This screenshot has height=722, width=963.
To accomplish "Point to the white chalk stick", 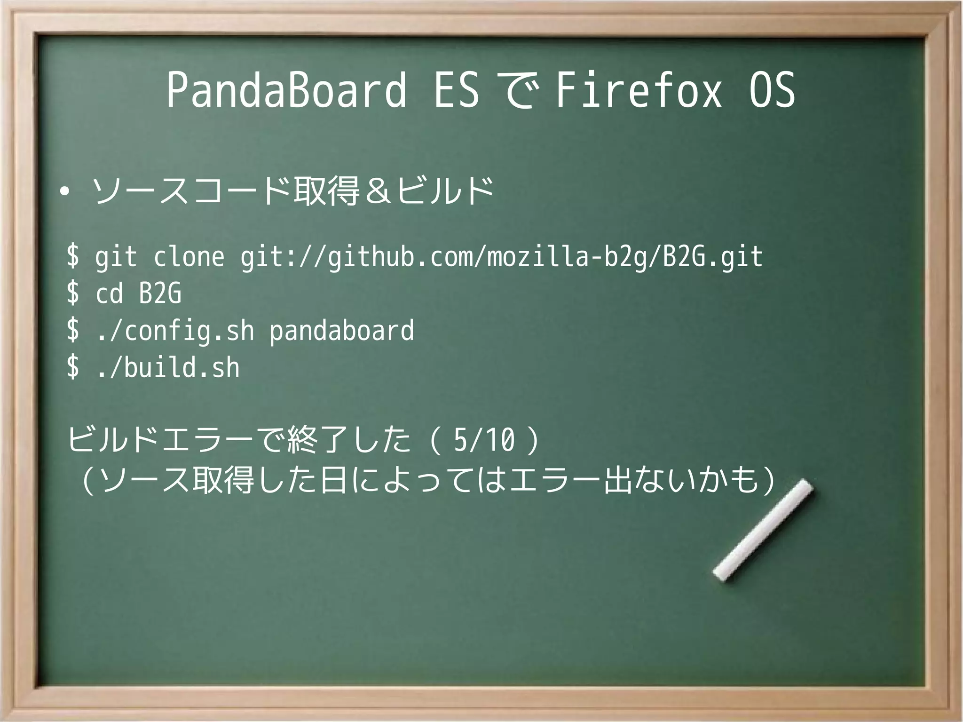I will point(763,530).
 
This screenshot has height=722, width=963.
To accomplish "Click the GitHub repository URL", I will point(501,257).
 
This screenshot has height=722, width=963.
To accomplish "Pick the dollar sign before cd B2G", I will point(73,294).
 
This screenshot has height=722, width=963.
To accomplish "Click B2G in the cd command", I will point(160,294).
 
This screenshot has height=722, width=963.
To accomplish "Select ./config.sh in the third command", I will point(175,331).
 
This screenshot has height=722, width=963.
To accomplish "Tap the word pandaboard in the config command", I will point(341,331).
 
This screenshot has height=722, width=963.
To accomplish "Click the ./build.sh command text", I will point(168,367).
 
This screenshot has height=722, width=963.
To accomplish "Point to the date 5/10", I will point(484,441).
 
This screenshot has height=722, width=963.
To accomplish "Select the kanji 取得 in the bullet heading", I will point(326,192).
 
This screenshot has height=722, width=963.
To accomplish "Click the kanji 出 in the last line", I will point(618,481).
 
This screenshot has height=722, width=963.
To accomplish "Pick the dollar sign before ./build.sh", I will point(73,367).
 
